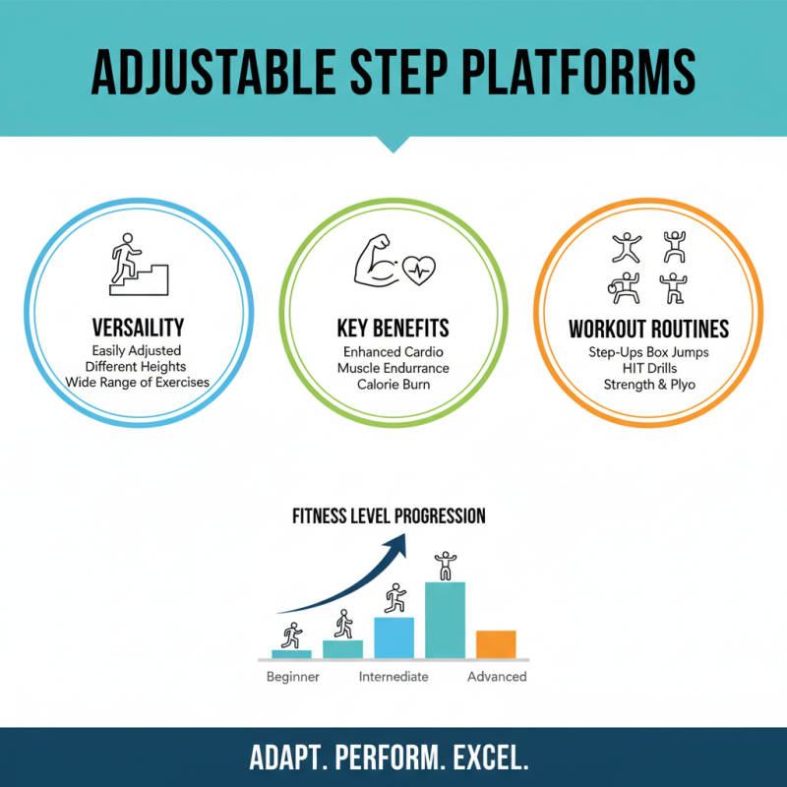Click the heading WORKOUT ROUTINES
648,329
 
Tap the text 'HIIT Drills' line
649,367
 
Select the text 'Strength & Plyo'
649,384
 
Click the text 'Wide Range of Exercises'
137,382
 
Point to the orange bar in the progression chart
496,643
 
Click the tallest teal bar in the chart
445,620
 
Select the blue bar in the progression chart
394,636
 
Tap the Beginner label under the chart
293,677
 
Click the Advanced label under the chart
497,677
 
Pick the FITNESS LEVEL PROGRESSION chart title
388,515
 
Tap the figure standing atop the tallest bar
446,566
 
